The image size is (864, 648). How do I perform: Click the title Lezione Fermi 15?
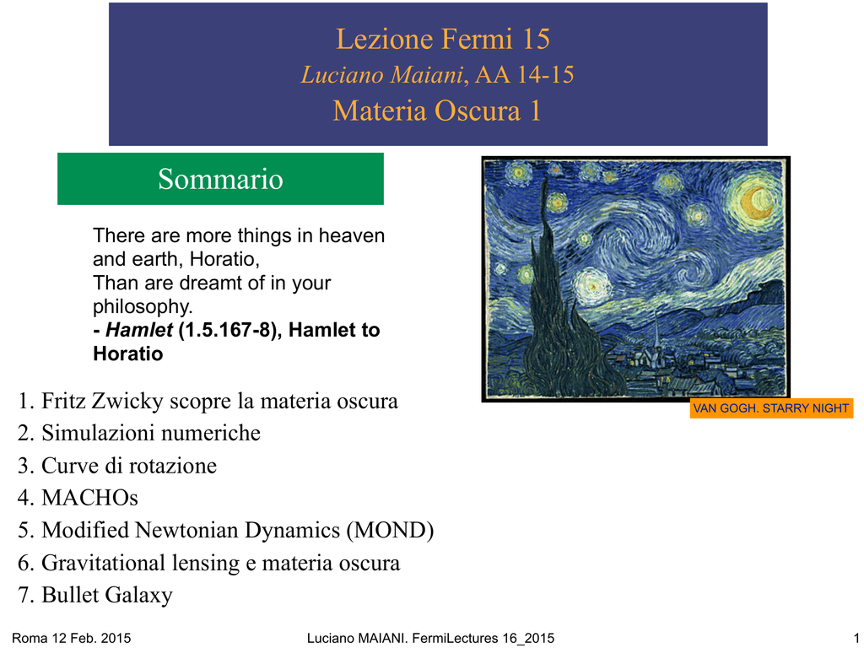[443, 39]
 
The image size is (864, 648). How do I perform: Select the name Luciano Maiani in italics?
[382, 75]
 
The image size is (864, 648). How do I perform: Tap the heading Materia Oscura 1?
[437, 111]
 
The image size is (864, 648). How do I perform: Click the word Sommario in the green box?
[220, 179]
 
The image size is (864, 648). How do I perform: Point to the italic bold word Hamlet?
[139, 330]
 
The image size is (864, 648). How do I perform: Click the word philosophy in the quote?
[142, 306]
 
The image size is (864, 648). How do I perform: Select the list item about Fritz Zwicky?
[208, 401]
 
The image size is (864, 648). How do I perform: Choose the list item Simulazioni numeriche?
[139, 433]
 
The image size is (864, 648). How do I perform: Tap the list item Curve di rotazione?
[117, 466]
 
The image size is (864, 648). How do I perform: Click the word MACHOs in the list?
[89, 498]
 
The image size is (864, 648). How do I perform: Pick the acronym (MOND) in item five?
[390, 530]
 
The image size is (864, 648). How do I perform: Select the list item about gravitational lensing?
[209, 563]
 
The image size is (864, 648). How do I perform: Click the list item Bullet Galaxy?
[95, 595]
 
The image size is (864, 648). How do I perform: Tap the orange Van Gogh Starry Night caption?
[771, 408]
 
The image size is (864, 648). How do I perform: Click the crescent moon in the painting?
[754, 202]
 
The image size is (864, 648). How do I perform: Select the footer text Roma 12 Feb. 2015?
[72, 638]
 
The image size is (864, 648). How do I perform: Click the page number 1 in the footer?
[856, 638]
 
